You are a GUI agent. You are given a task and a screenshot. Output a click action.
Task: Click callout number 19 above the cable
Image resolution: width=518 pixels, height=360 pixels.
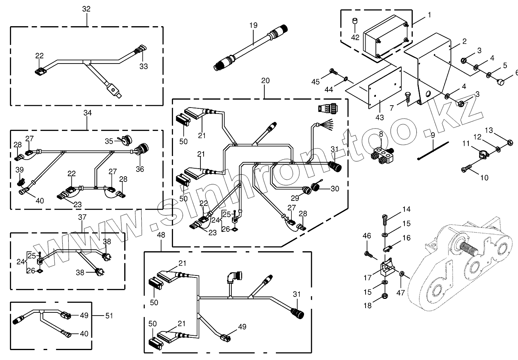(253, 25)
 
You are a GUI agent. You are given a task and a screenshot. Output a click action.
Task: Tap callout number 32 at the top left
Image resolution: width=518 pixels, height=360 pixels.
(87, 9)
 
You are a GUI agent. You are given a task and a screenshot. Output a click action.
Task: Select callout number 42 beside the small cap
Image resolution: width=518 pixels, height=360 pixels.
(356, 37)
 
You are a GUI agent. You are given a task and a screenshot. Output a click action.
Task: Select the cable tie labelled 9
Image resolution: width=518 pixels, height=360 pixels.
(433, 151)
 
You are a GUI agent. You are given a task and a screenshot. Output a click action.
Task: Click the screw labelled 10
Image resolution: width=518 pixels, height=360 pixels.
(468, 169)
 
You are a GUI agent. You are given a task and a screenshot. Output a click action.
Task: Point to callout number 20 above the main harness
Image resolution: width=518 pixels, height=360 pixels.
(265, 81)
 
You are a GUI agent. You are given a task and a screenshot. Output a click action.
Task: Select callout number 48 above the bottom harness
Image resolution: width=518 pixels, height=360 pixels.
(161, 236)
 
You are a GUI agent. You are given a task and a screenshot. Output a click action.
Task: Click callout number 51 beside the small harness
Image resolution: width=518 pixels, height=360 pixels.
(108, 316)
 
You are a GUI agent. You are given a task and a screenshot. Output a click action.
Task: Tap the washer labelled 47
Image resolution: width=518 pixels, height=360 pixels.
(402, 273)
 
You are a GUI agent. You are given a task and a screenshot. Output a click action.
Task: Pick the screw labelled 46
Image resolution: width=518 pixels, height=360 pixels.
(368, 252)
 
